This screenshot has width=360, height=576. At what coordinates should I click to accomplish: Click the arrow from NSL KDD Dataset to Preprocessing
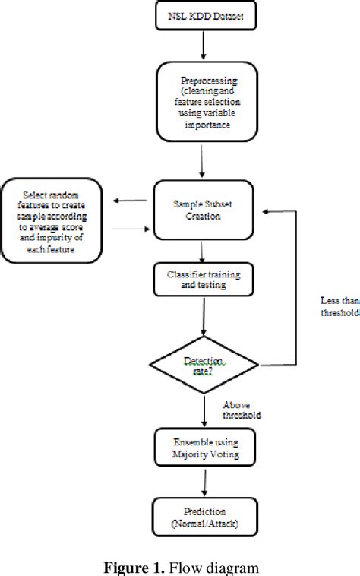pyautogui.click(x=202, y=47)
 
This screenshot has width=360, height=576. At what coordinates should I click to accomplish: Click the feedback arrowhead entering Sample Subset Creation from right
pyautogui.click(x=259, y=211)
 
